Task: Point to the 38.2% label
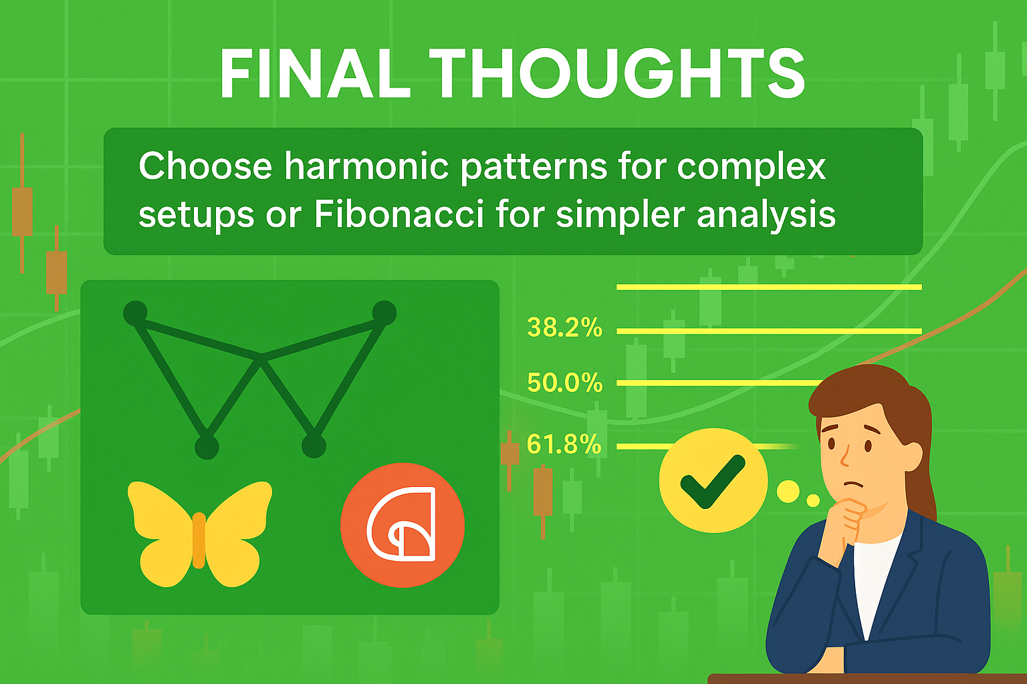click(564, 327)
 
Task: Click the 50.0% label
click(564, 383)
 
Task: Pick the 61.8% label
click(564, 444)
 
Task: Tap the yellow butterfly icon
click(199, 534)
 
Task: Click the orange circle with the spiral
click(403, 525)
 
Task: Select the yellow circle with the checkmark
click(713, 480)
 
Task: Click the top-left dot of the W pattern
click(135, 313)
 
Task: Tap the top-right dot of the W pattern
click(384, 313)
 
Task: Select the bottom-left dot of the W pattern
click(207, 447)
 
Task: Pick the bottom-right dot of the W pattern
click(314, 446)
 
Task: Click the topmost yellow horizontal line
click(769, 287)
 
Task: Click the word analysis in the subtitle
click(767, 215)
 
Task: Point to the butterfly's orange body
click(199, 540)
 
